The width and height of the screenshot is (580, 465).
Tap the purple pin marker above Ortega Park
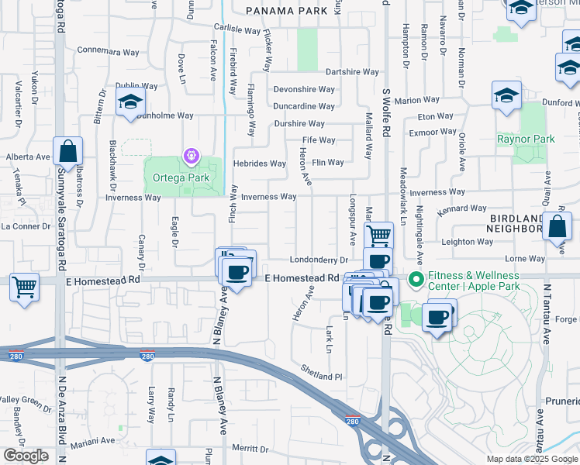tap(191, 157)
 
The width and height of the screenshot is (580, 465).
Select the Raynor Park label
tap(526, 139)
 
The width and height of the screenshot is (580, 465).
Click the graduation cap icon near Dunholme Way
tap(130, 101)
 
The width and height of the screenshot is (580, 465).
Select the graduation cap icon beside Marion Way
tap(506, 95)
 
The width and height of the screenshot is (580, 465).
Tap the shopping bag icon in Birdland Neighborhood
tap(558, 226)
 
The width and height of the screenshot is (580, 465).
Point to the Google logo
tap(26, 456)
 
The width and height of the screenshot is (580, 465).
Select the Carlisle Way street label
tap(236, 30)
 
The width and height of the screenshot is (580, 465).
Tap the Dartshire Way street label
tap(351, 71)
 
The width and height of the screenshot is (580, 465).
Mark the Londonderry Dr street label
tap(319, 260)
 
